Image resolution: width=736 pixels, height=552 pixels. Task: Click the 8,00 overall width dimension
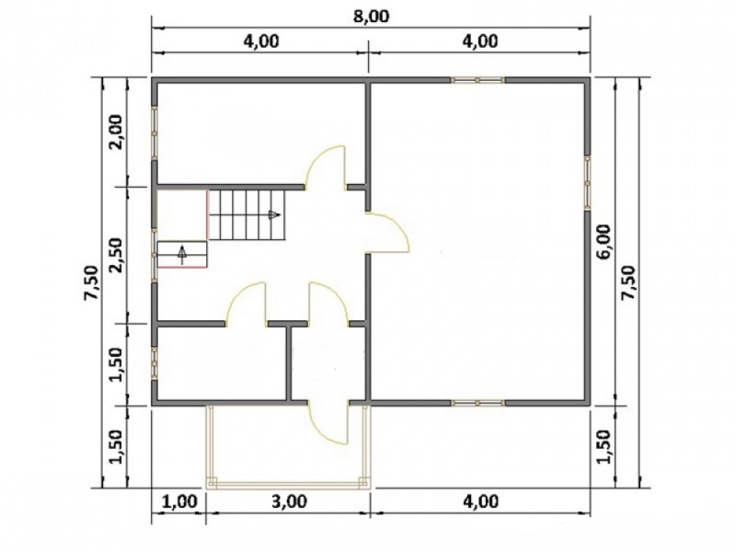[x=371, y=17]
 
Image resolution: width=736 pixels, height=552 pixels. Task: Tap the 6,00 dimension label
[x=604, y=241]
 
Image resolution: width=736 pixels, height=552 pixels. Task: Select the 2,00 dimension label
[x=115, y=132]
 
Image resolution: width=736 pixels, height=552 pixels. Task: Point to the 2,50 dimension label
[x=115, y=255]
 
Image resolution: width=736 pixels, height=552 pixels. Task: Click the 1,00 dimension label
[x=179, y=501]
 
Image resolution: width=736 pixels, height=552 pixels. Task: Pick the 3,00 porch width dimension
[x=290, y=501]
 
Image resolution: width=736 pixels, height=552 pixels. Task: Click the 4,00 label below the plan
[x=480, y=501]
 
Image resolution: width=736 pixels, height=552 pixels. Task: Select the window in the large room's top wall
[x=477, y=80]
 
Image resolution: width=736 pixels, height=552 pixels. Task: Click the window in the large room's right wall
[x=587, y=182]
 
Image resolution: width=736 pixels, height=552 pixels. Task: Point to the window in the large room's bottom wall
[x=477, y=403]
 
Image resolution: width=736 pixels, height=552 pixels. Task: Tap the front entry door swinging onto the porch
[x=328, y=422]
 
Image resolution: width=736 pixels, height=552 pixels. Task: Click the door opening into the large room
[x=388, y=233]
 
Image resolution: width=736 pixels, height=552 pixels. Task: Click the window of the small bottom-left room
[x=154, y=363]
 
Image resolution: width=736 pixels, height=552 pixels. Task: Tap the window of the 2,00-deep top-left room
[x=154, y=133]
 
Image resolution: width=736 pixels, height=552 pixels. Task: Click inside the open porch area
[x=287, y=443]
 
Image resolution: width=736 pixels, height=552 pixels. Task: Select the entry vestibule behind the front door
[x=328, y=362]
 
